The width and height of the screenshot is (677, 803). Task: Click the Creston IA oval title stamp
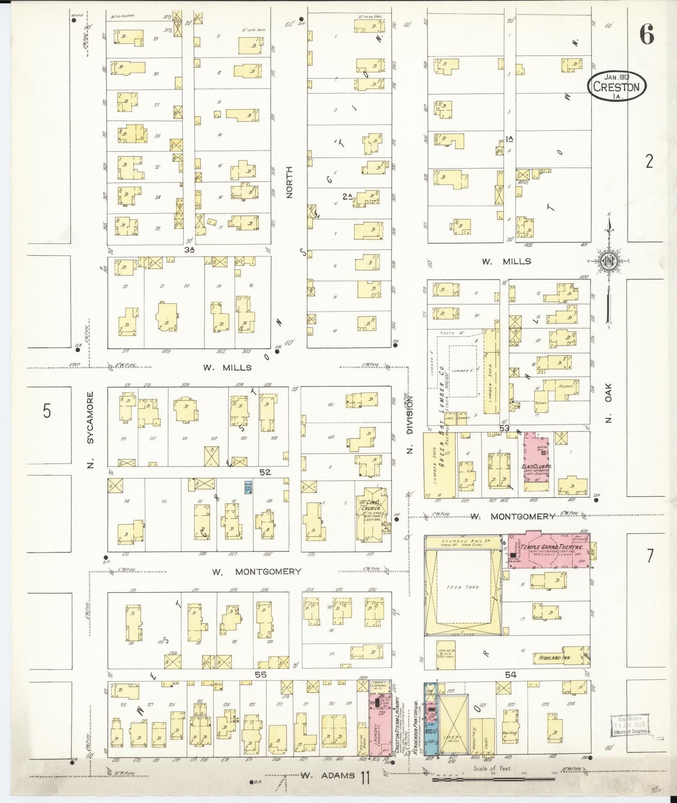click(616, 86)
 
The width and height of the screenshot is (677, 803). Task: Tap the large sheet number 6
click(647, 34)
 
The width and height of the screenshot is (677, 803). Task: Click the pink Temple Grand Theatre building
click(546, 550)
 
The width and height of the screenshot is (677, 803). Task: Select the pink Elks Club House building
click(536, 464)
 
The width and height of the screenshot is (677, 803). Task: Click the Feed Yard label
click(463, 587)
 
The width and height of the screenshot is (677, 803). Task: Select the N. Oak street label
click(608, 403)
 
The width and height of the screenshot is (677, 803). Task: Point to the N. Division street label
click(409, 424)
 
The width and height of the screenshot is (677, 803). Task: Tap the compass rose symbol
click(608, 261)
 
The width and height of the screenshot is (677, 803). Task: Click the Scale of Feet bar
click(492, 779)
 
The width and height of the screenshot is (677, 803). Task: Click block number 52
click(265, 472)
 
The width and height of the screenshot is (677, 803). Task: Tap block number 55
click(260, 674)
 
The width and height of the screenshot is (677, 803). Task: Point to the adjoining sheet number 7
click(650, 556)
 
